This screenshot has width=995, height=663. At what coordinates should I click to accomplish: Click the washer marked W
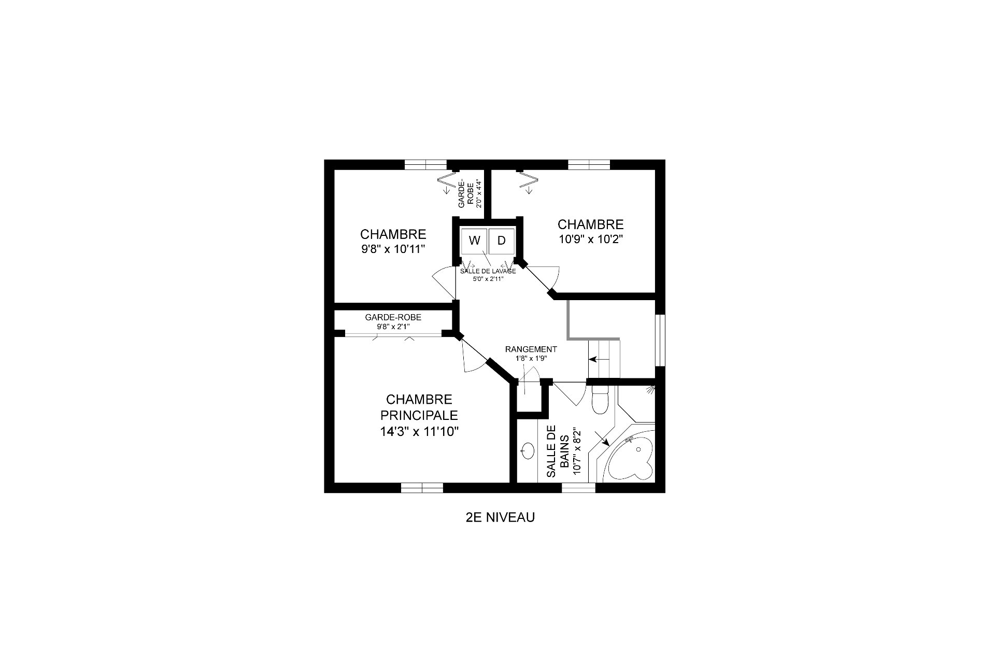474,241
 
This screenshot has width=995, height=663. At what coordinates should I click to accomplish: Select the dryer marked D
502,241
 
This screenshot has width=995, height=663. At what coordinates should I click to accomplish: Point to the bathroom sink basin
528,450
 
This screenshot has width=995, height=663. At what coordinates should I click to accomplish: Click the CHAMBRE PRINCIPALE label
419,407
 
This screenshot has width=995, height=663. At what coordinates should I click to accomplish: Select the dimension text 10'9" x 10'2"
591,239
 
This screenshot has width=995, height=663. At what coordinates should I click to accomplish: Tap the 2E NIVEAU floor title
500,517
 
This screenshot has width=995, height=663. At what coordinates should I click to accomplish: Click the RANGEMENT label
531,349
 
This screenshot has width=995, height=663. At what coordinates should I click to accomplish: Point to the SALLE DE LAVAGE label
488,271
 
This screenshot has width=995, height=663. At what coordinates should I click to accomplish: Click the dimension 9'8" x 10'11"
393,249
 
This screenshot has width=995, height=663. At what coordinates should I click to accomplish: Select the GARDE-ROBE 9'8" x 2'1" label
393,321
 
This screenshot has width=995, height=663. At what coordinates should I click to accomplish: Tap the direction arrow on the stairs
599,359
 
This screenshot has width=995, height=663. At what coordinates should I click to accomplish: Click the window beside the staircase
660,340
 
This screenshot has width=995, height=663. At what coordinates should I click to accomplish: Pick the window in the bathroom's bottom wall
579,487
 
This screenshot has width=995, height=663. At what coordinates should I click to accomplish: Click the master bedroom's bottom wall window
422,487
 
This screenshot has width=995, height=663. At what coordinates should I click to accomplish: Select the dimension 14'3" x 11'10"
420,431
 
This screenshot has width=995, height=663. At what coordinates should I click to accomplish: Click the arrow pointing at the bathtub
602,438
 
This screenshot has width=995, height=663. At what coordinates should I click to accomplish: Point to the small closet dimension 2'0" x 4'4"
479,194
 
